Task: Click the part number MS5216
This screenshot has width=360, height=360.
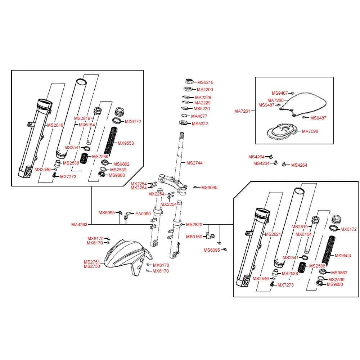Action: click(205, 82)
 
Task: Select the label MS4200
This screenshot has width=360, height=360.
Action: click(205, 90)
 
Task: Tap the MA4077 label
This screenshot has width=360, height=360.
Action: click(199, 116)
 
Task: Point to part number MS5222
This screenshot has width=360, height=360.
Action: click(200, 124)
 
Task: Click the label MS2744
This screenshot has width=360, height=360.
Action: click(194, 163)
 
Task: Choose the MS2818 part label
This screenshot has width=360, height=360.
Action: click(55, 125)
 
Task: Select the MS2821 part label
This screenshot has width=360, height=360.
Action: click(273, 234)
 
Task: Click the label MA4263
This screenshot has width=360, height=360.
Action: click(79, 225)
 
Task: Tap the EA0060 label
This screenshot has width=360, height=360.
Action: click(143, 213)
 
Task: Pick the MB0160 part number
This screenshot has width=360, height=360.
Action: click(194, 237)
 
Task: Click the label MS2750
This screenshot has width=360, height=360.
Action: click(92, 266)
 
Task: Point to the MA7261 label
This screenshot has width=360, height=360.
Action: click(242, 111)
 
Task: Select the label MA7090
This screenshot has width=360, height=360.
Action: click(310, 131)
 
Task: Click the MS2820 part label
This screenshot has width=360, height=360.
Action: click(194, 225)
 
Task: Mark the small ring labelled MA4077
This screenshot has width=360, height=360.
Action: click(184, 116)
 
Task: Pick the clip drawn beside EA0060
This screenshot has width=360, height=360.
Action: click(127, 216)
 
